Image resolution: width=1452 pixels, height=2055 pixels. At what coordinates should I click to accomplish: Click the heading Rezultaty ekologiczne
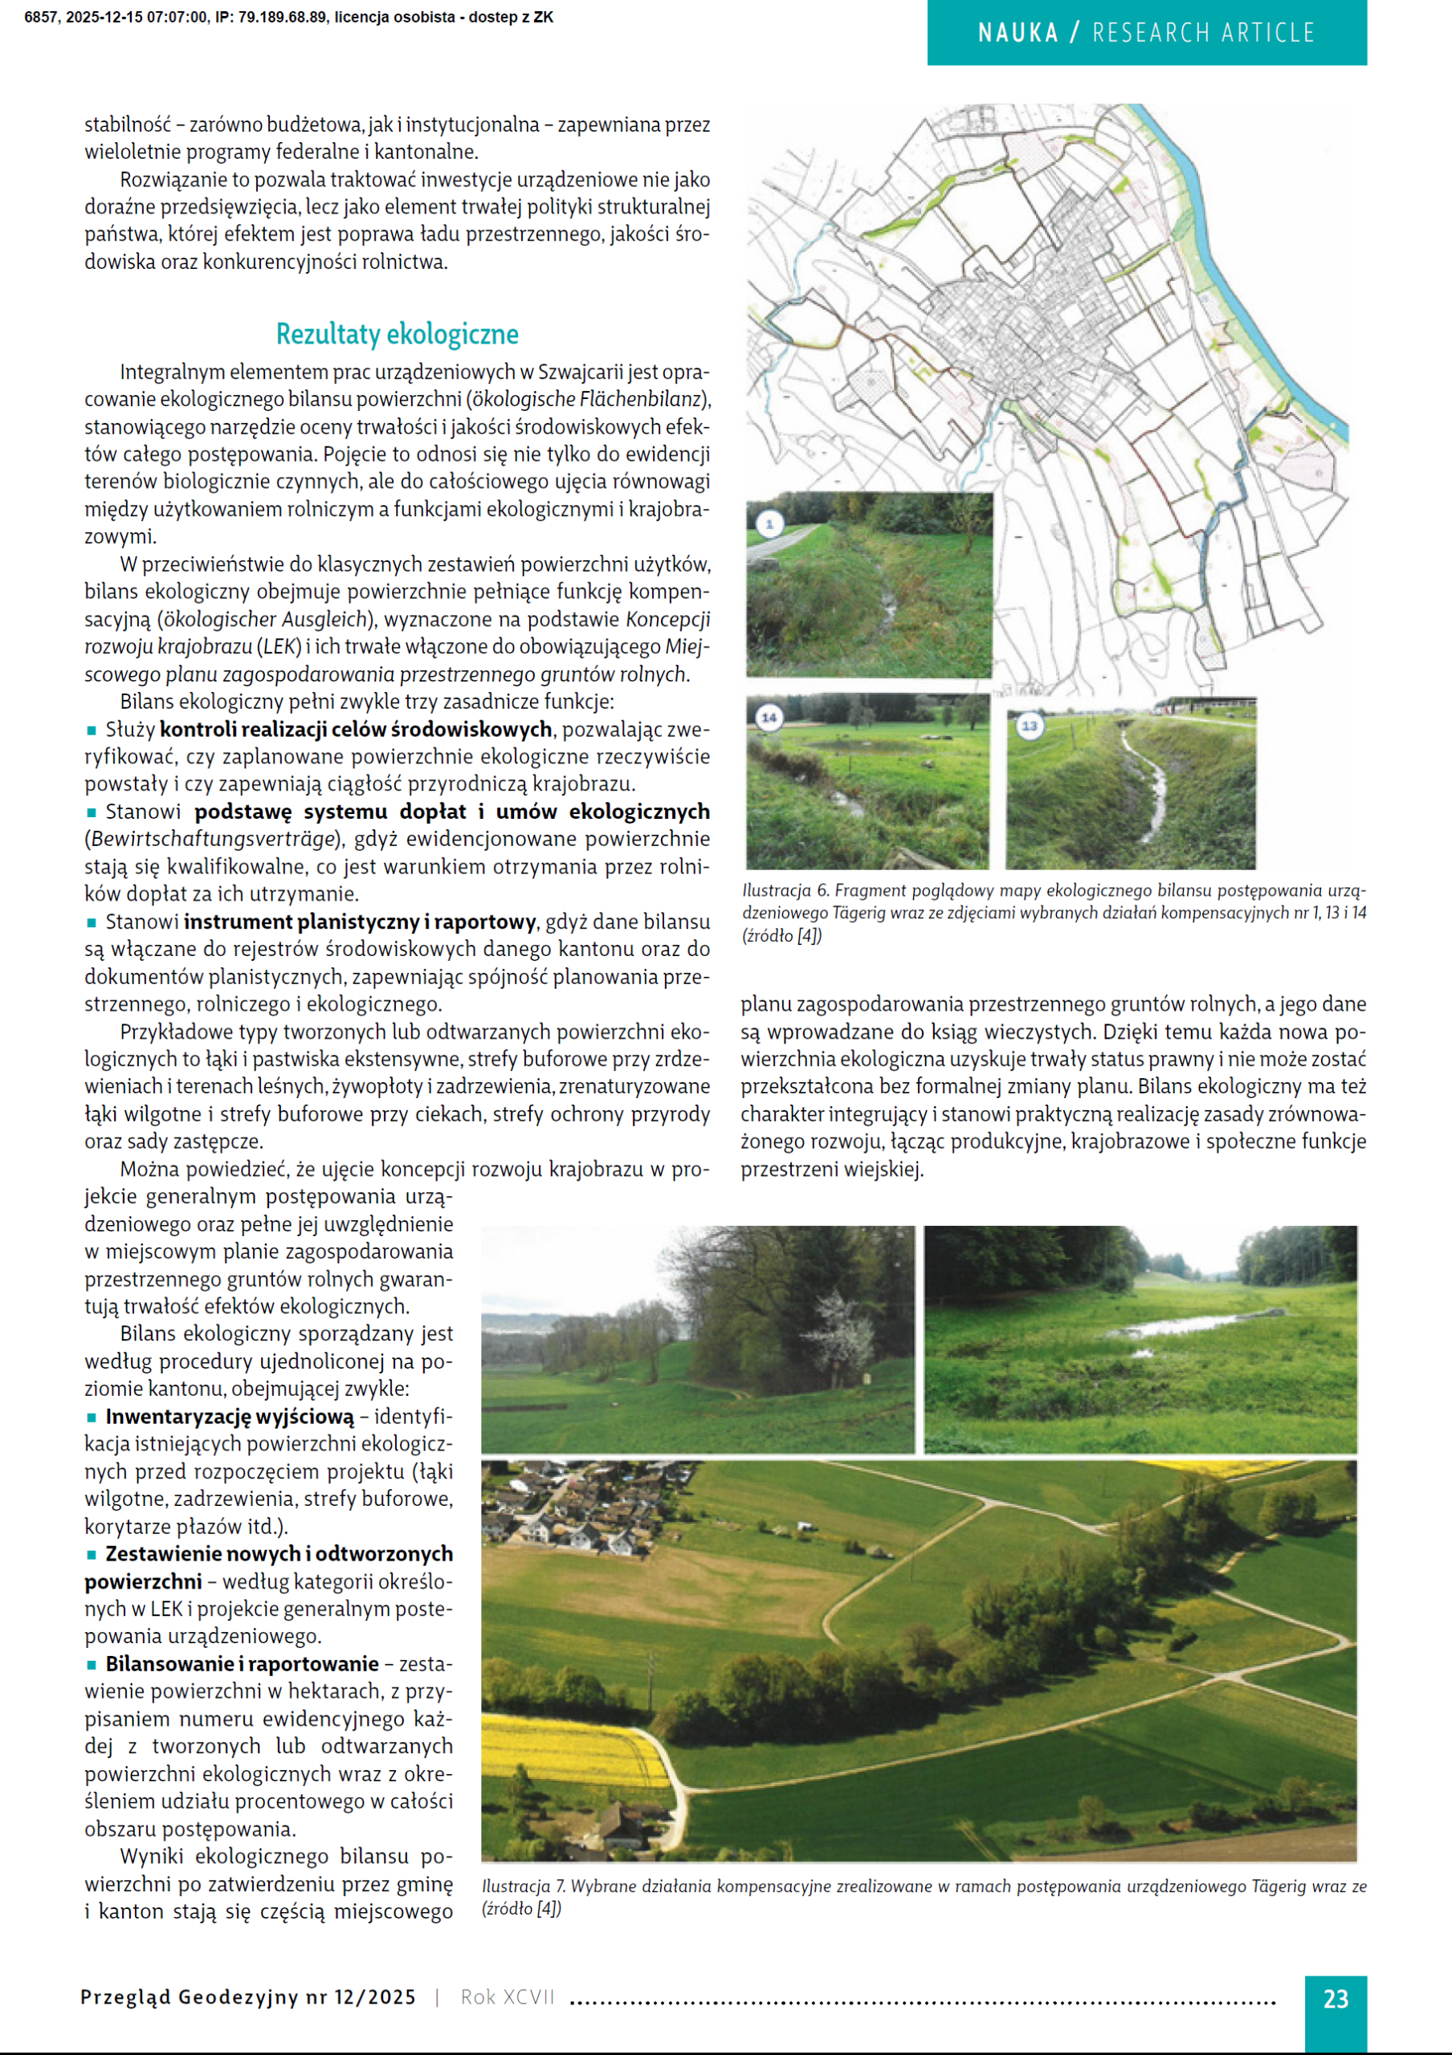coord(397,335)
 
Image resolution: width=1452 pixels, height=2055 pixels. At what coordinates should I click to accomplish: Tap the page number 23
coord(1335,1999)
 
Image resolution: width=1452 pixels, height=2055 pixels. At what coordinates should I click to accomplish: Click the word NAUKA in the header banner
coord(1018,33)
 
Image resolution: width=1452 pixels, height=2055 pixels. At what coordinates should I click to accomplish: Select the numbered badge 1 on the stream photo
coord(769,523)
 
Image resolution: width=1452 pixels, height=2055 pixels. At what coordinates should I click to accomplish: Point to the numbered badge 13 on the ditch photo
coord(1029,725)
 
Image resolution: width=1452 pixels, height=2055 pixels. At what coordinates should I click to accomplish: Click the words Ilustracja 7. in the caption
coord(517,1886)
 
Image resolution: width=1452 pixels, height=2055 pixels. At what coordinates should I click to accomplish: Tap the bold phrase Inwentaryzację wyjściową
coord(229,1417)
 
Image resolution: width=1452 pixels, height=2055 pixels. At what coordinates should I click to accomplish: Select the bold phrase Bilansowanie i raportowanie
coord(242,1664)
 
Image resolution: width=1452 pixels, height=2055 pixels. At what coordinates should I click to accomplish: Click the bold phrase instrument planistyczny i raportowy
coord(359,922)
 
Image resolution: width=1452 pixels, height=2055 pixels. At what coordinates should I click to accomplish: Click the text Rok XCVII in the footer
coord(508,1998)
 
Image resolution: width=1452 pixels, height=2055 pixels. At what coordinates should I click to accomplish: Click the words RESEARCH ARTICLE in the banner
coord(1203,33)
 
